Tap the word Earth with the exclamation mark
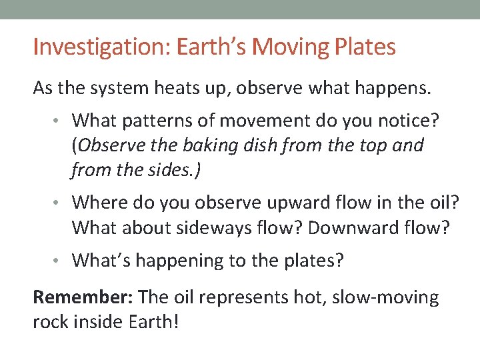click(159, 322)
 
